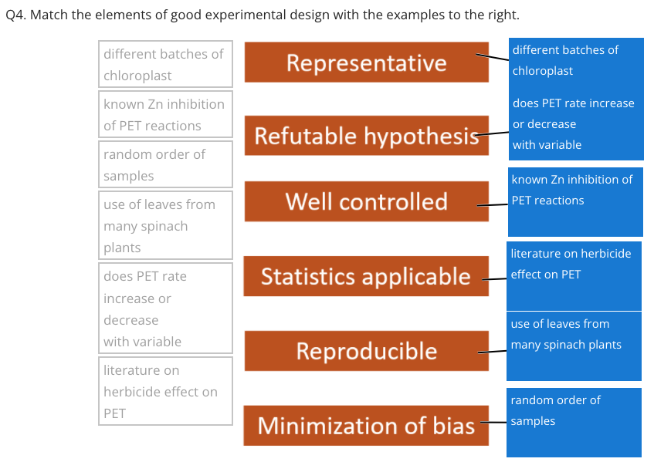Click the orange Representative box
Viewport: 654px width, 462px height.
point(366,62)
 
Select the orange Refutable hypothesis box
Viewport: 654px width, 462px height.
point(366,136)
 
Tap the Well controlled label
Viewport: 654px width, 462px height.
point(366,201)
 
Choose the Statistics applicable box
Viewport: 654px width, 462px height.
point(366,276)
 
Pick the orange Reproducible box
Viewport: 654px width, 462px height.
point(366,351)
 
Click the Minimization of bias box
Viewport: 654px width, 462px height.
point(366,425)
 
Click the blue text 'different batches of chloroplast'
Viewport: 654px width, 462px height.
point(575,60)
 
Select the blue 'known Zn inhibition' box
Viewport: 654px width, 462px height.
point(575,203)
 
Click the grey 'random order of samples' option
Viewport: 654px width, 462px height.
point(165,164)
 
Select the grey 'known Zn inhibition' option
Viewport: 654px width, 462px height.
point(165,115)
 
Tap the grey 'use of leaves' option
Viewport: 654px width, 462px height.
point(165,225)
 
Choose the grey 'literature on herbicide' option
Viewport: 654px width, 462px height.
point(165,391)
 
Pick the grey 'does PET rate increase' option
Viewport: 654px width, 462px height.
point(165,308)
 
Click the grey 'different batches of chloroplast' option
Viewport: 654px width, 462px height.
point(165,64)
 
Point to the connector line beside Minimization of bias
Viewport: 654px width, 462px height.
point(495,423)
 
